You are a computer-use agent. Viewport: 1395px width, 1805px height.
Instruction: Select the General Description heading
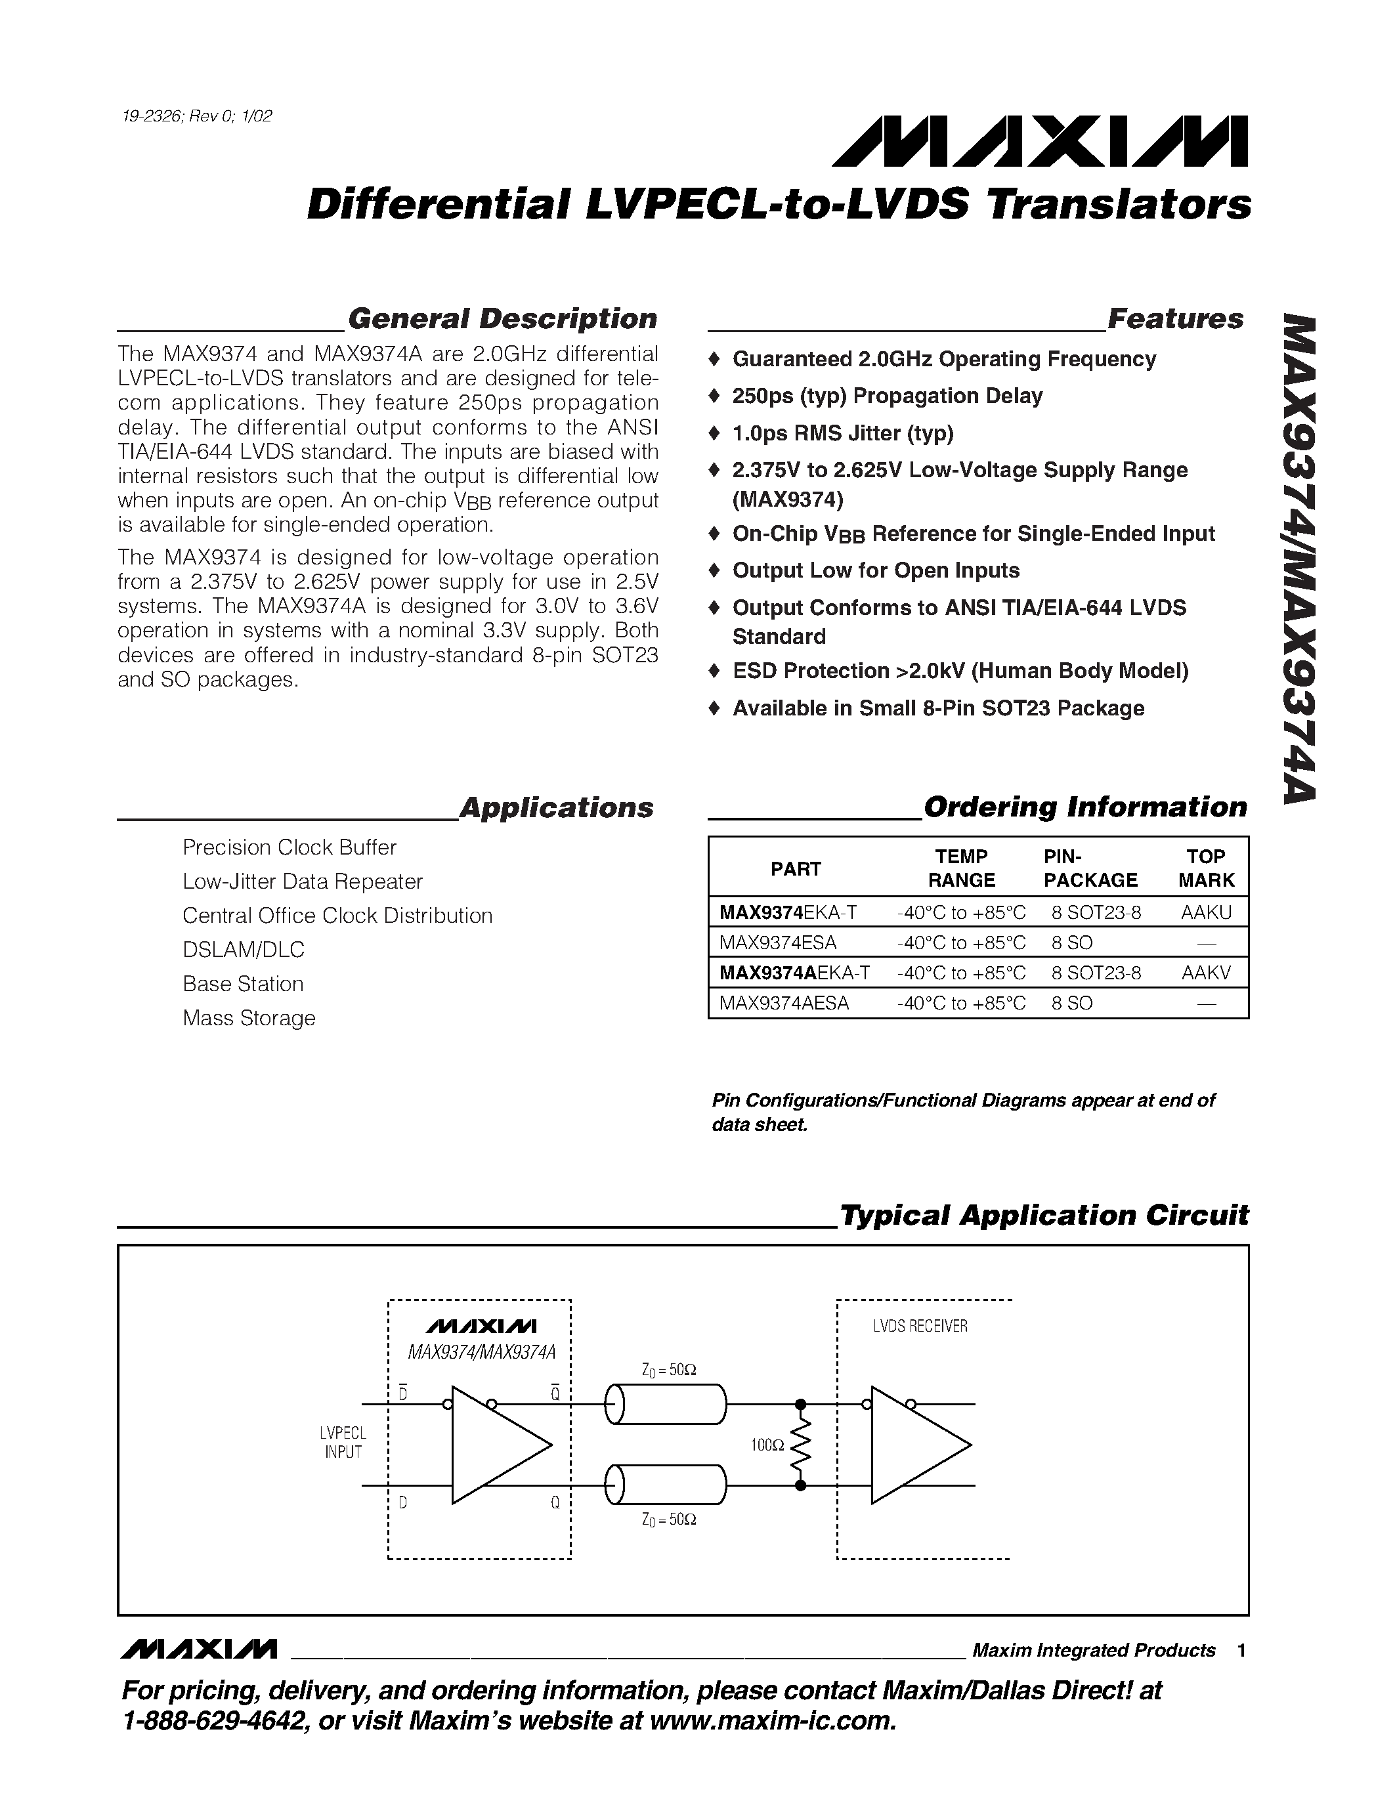(502, 319)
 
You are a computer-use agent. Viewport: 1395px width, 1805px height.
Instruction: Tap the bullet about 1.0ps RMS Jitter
(842, 433)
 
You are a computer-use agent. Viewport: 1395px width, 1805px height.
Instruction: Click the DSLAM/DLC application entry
(243, 950)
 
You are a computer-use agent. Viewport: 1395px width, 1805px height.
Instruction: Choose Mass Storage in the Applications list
(249, 1017)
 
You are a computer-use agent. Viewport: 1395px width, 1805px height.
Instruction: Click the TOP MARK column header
(1206, 868)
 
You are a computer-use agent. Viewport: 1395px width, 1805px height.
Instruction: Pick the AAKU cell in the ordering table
(1206, 912)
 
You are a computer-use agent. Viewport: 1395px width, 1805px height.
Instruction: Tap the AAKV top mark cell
(1206, 973)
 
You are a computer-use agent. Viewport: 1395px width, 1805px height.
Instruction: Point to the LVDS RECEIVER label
(920, 1327)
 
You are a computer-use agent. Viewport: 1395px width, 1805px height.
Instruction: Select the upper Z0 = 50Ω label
(668, 1369)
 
